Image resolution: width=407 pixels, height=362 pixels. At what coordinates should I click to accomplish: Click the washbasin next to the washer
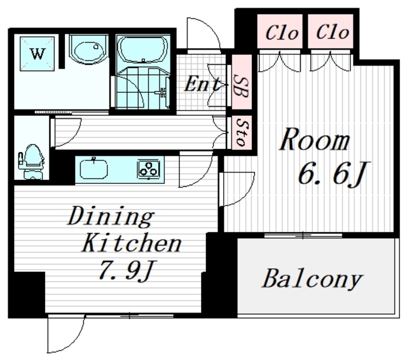[x=88, y=49]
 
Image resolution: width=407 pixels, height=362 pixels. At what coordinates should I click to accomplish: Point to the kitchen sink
[x=93, y=169]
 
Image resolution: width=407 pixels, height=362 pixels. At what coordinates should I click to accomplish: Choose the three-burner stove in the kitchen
[x=149, y=169]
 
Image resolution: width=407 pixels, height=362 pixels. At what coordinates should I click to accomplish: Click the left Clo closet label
[x=281, y=32]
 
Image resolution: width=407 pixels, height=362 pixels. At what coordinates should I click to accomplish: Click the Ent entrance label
[x=202, y=84]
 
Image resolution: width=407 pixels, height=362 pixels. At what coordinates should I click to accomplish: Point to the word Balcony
[x=312, y=278]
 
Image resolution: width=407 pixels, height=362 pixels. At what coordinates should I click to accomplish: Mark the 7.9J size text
[x=124, y=271]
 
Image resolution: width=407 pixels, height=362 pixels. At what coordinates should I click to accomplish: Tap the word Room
[x=314, y=141]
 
